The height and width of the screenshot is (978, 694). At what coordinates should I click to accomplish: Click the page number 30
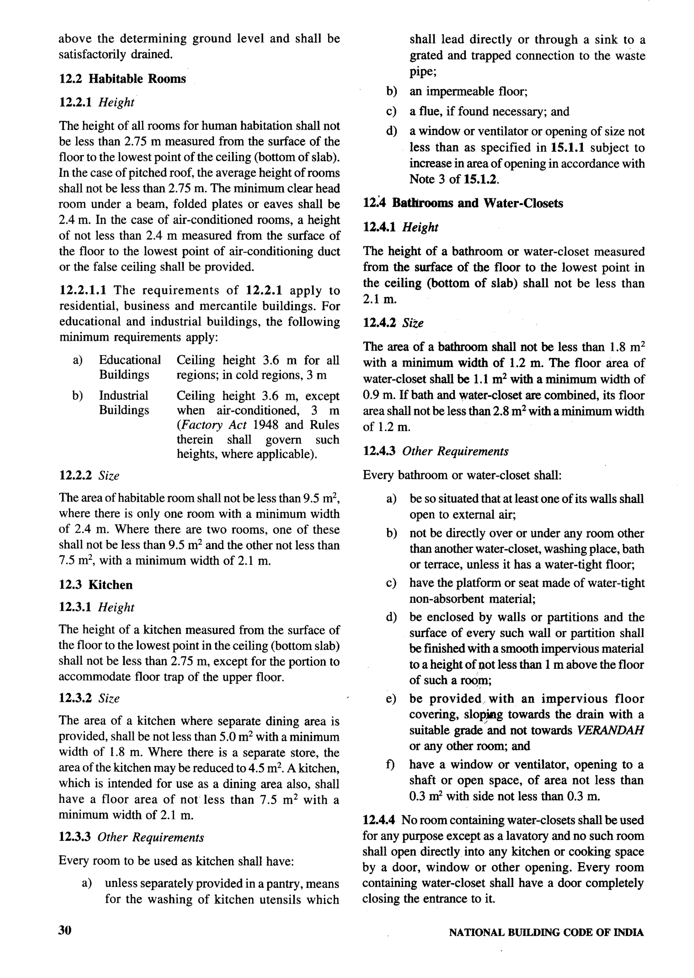tap(65, 931)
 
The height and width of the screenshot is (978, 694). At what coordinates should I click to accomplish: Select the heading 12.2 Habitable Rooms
tap(122, 79)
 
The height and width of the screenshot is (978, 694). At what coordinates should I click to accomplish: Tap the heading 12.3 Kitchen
tap(96, 585)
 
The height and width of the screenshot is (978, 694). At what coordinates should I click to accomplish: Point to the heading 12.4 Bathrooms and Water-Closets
tap(463, 203)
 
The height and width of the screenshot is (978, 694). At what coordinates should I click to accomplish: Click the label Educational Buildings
tap(129, 367)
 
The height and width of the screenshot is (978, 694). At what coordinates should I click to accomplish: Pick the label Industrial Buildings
tap(124, 403)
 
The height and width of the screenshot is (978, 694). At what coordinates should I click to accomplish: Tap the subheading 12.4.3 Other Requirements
tap(435, 451)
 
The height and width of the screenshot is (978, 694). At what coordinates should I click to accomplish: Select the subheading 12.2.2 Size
tap(89, 475)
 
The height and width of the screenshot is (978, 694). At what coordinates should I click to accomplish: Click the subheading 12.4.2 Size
tap(393, 323)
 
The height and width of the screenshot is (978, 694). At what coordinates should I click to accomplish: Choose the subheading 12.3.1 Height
tap(97, 607)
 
